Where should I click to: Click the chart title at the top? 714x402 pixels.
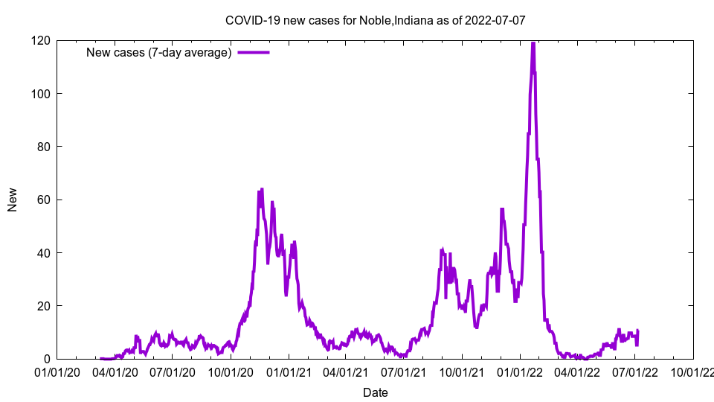pyautogui.click(x=375, y=20)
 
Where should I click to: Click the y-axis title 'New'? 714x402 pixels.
pyautogui.click(x=13, y=200)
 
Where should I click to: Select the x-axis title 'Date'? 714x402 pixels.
pyautogui.click(x=375, y=392)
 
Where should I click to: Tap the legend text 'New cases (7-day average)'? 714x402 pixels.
pyautogui.click(x=159, y=52)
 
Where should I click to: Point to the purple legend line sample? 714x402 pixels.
pyautogui.click(x=253, y=52)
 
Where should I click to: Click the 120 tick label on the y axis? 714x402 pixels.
pyautogui.click(x=41, y=40)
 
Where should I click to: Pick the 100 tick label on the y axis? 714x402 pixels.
pyautogui.click(x=41, y=93)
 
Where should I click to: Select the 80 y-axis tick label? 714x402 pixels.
pyautogui.click(x=44, y=147)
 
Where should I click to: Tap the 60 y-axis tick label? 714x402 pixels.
pyautogui.click(x=44, y=200)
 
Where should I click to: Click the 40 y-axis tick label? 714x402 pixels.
pyautogui.click(x=44, y=253)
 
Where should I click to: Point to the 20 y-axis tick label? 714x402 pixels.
pyautogui.click(x=44, y=306)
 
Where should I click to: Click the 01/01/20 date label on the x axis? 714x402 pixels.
pyautogui.click(x=57, y=371)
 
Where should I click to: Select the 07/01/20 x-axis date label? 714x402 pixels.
pyautogui.click(x=172, y=371)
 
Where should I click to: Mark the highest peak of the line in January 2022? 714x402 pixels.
pyautogui.click(x=533, y=43)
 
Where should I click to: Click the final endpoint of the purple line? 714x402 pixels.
pyautogui.click(x=637, y=331)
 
